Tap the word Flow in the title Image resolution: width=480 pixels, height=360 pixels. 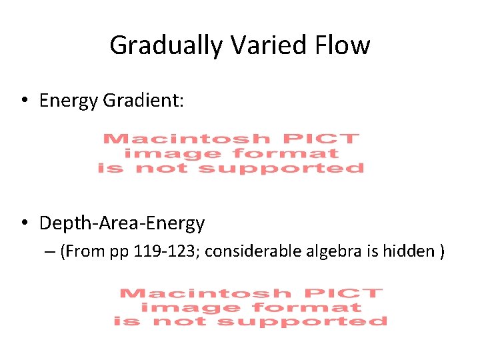pyautogui.click(x=347, y=45)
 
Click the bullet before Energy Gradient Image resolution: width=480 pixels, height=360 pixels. pyautogui.click(x=23, y=101)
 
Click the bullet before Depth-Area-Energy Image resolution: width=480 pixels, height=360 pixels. pyautogui.click(x=23, y=223)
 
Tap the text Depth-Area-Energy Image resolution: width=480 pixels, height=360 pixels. pyautogui.click(x=122, y=223)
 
